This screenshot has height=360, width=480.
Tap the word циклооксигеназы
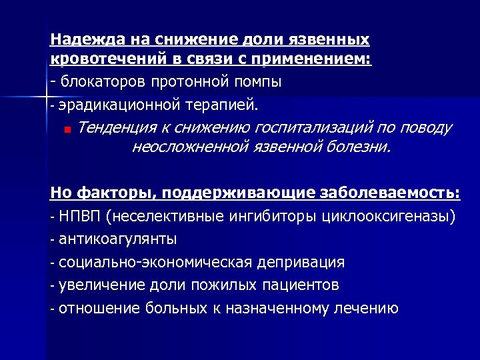pyautogui.click(x=388, y=217)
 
